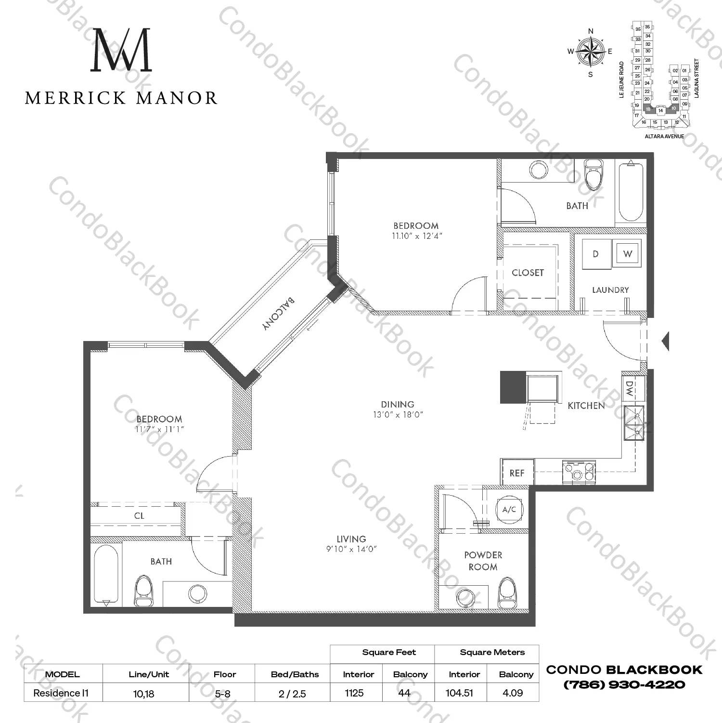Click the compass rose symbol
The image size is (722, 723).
(x=591, y=51)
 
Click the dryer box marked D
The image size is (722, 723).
(x=595, y=254)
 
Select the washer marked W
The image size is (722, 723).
(x=627, y=253)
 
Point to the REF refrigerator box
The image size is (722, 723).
(x=517, y=473)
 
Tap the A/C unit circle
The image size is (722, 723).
(x=509, y=509)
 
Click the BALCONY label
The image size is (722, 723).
(x=279, y=313)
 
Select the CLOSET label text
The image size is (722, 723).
(x=528, y=273)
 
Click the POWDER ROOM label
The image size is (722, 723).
(x=483, y=561)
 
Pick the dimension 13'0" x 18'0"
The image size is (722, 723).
(x=398, y=415)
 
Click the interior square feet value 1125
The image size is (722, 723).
(x=354, y=693)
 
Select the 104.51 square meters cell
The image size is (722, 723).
(x=459, y=693)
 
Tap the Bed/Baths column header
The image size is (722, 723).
(x=295, y=674)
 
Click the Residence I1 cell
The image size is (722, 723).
(x=61, y=693)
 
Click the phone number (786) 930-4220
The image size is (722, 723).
(x=624, y=684)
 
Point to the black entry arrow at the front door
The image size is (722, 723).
(x=666, y=341)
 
